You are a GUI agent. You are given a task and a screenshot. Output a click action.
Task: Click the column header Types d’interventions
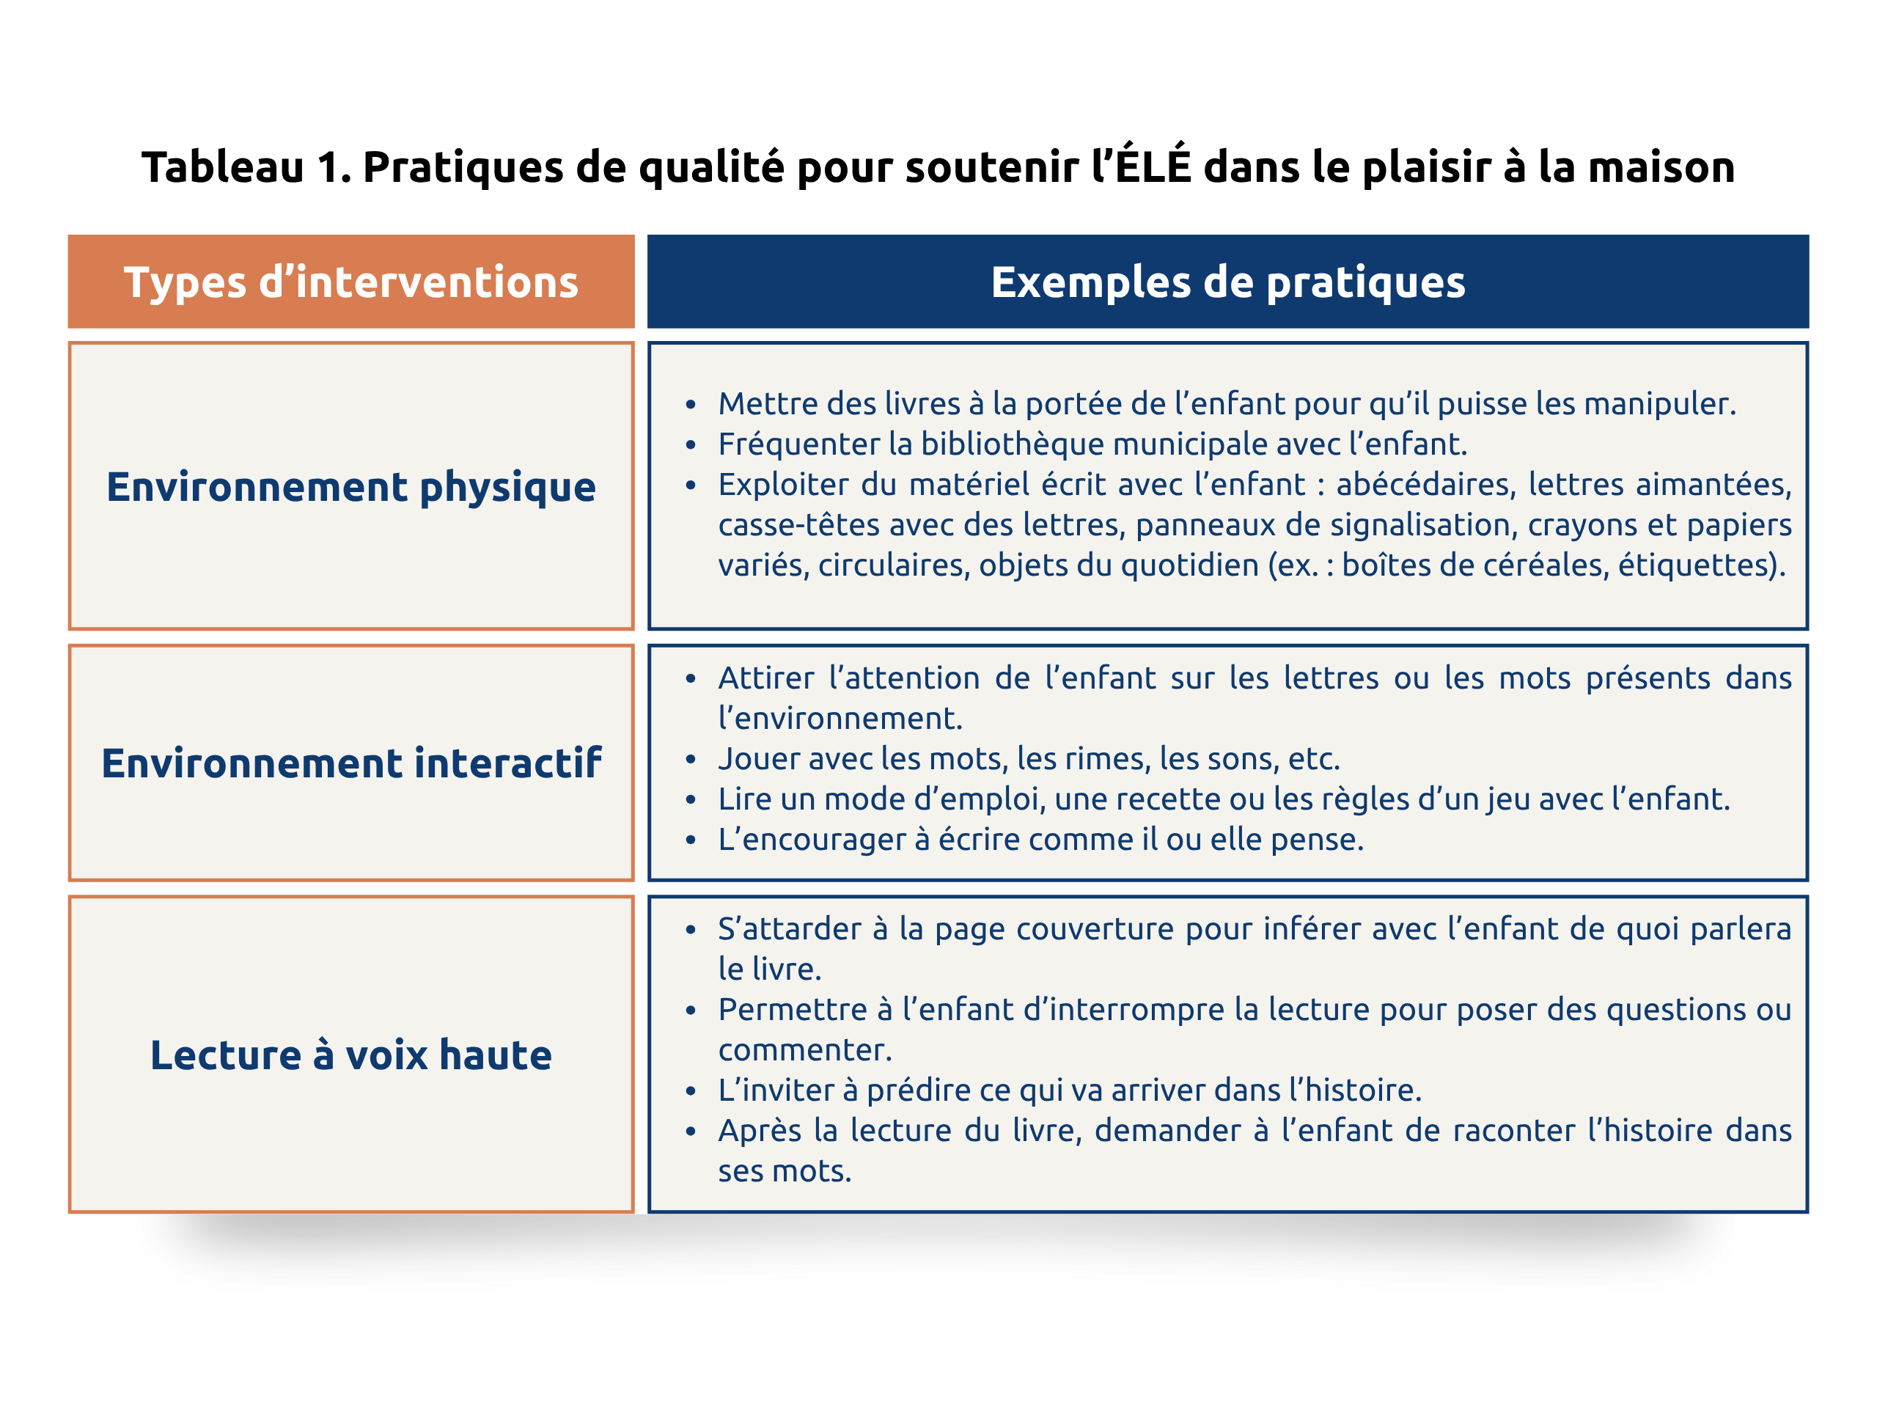coord(350,282)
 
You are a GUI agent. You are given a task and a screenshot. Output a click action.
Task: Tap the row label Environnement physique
coord(350,486)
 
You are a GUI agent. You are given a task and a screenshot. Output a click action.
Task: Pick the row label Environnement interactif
coord(350,762)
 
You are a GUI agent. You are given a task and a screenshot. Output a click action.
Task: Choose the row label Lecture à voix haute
coord(350,1055)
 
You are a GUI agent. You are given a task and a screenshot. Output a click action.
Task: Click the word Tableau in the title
coord(222,166)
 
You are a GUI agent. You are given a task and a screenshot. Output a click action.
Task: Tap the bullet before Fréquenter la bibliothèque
coord(691,444)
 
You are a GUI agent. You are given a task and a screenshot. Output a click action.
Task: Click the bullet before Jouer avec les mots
coord(691,760)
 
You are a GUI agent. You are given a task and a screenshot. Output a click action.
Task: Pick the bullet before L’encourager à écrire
coord(691,840)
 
